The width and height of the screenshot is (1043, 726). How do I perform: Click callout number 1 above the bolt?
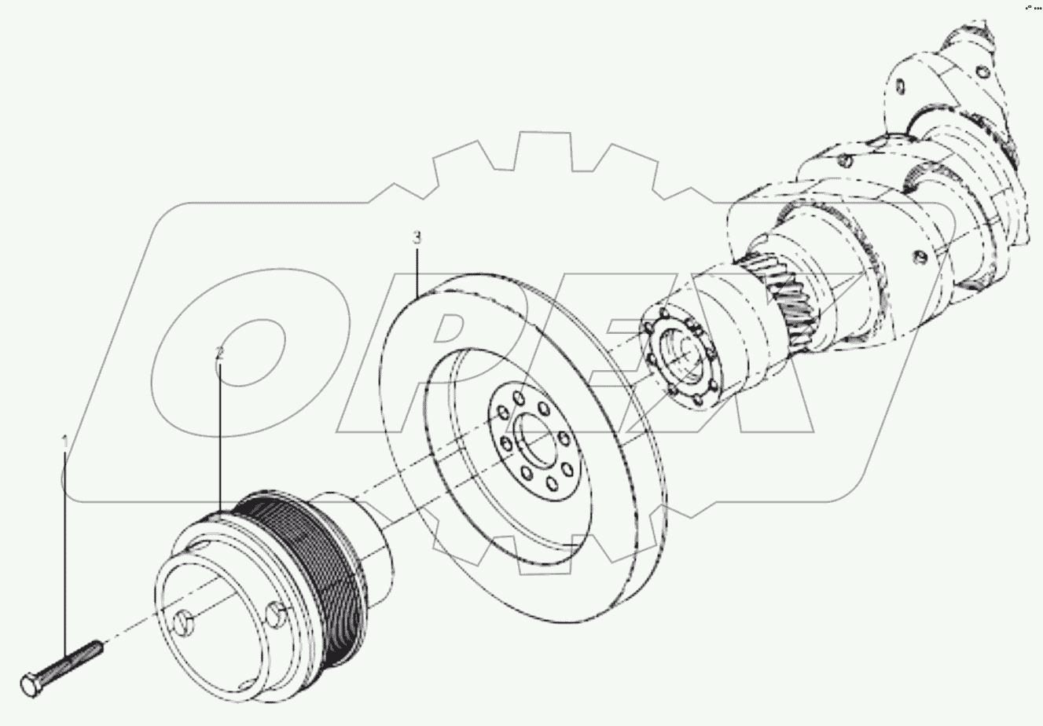[66, 444]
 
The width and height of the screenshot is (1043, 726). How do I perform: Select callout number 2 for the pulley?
[220, 354]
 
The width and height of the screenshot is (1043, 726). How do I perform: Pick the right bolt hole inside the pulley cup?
[274, 612]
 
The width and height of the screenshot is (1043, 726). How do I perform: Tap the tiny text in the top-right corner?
[1032, 7]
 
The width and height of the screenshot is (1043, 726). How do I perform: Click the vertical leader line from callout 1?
[66, 550]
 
